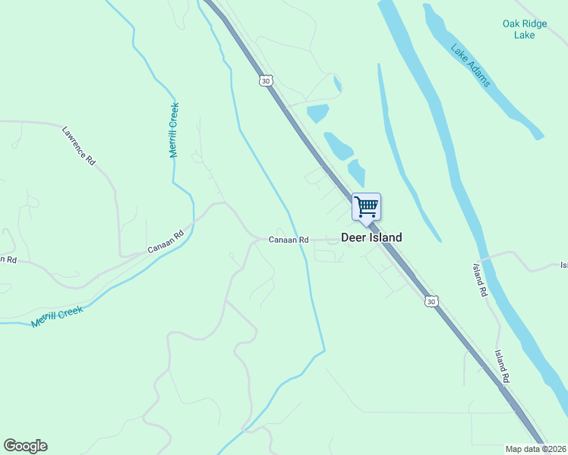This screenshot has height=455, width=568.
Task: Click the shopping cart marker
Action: click(x=366, y=206)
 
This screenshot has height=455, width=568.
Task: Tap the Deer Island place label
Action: click(x=371, y=237)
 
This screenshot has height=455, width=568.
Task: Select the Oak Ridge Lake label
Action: click(x=524, y=30)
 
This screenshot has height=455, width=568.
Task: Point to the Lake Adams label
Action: click(x=471, y=65)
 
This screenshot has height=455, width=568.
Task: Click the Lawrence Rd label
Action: click(x=79, y=146)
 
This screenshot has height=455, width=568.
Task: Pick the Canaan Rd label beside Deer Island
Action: click(x=289, y=240)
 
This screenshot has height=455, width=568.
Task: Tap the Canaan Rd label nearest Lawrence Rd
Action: click(x=166, y=242)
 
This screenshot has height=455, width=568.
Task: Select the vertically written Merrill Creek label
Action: click(x=174, y=130)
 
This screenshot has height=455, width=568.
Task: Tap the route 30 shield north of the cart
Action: click(x=264, y=80)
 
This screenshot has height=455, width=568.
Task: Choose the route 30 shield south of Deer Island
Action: click(x=431, y=302)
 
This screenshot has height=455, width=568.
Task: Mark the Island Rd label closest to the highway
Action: click(x=502, y=366)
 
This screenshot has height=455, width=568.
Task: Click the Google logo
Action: click(x=25, y=446)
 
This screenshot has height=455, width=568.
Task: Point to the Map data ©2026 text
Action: click(x=536, y=449)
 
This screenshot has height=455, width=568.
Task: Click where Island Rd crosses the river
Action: click(x=486, y=257)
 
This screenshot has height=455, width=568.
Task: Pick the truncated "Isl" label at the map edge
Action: click(x=563, y=265)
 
